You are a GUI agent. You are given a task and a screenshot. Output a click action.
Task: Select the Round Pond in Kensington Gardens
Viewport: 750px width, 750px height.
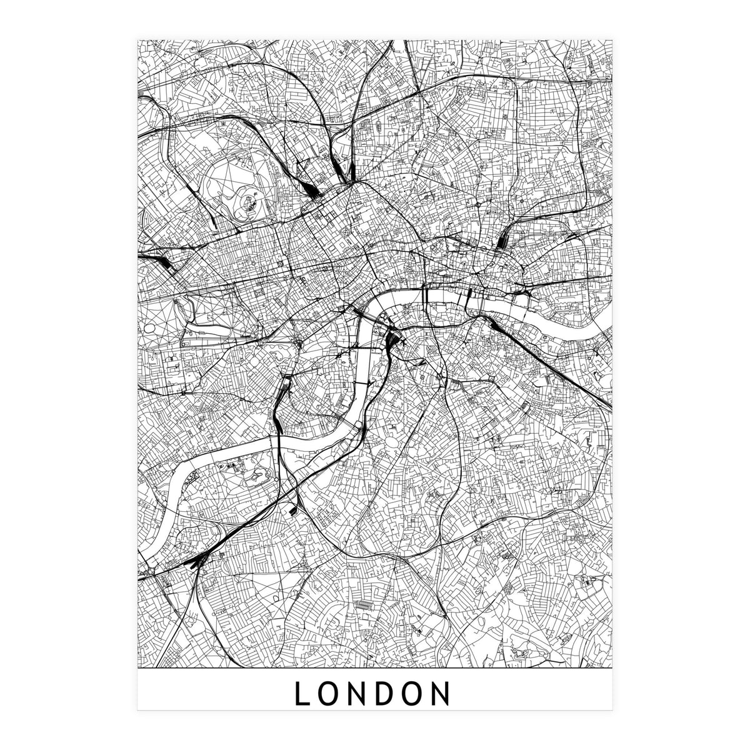pyautogui.click(x=152, y=329)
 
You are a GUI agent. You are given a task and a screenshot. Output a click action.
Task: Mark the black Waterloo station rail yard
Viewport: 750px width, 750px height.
pyautogui.click(x=394, y=341)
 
